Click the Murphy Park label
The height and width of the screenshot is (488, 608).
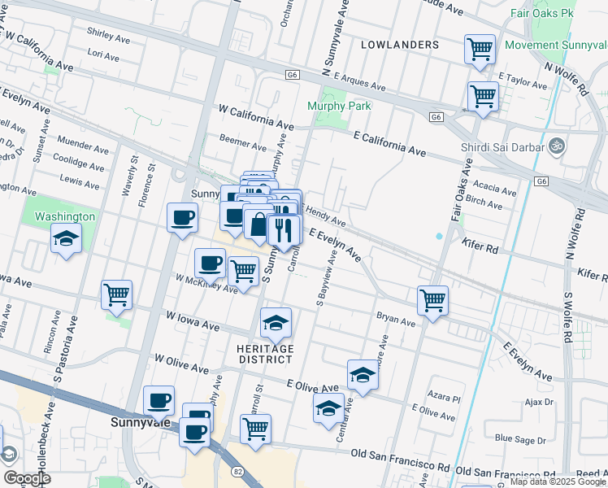point(339,106)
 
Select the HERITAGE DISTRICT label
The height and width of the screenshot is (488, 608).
point(264,354)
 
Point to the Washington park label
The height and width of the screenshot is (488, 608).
point(65,216)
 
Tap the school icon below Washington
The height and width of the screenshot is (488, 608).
point(66,238)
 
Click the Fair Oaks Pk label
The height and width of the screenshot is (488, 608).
point(543,14)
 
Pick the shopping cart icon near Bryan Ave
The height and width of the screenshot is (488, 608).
point(433,300)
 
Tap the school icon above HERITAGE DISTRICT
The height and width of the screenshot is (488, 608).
point(276,324)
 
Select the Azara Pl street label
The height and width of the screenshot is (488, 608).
point(446,399)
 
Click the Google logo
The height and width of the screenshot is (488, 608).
point(27,478)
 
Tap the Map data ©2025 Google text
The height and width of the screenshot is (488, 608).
point(558,481)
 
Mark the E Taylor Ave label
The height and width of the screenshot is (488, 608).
point(523,81)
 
